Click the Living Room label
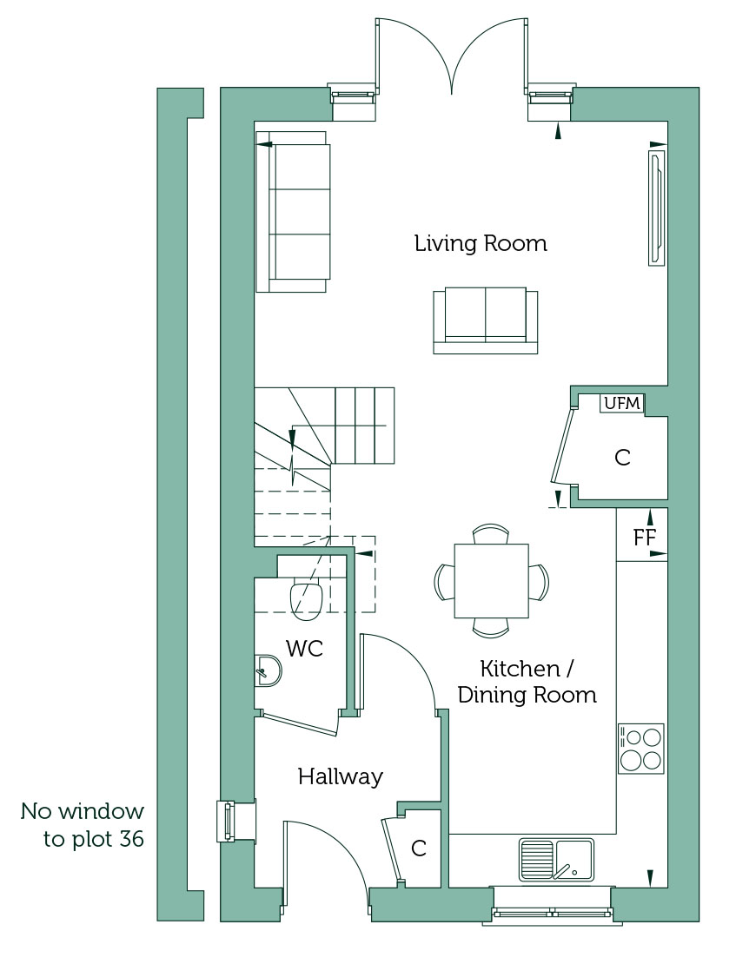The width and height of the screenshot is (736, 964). pyautogui.click(x=481, y=243)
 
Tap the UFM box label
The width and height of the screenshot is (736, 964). pyautogui.click(x=622, y=403)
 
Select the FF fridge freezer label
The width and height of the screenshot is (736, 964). pyautogui.click(x=644, y=538)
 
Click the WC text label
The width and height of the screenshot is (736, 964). pyautogui.click(x=305, y=648)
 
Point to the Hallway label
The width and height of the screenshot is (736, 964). pyautogui.click(x=341, y=776)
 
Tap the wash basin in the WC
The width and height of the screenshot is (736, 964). pyautogui.click(x=268, y=670)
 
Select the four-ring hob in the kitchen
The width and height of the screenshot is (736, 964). pyautogui.click(x=641, y=749)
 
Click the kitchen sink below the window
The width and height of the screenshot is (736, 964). pyautogui.click(x=557, y=860)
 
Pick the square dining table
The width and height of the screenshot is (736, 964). pyautogui.click(x=491, y=581)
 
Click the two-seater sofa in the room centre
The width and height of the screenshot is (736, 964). pyautogui.click(x=486, y=320)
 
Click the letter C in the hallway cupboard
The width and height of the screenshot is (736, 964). pyautogui.click(x=419, y=848)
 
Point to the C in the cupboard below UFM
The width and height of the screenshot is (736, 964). pyautogui.click(x=623, y=458)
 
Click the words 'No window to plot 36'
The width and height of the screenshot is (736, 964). pyautogui.click(x=82, y=825)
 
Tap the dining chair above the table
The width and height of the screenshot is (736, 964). pyautogui.click(x=491, y=533)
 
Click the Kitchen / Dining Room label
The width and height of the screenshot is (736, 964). pyautogui.click(x=527, y=682)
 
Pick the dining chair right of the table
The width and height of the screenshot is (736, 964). pyautogui.click(x=539, y=582)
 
